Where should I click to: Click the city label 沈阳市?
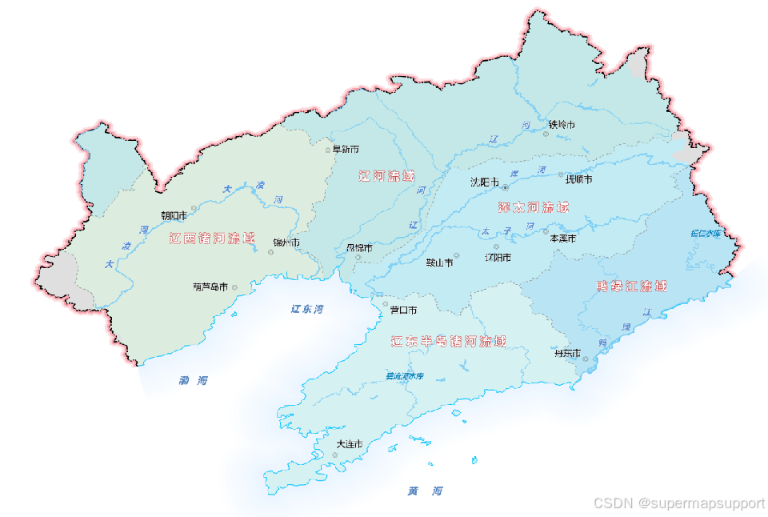click(x=485, y=182)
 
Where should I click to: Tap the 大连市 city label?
click(x=350, y=443)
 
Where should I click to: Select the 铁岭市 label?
click(x=562, y=125)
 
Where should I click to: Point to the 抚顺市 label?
click(x=578, y=180)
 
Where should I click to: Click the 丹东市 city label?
click(x=566, y=353)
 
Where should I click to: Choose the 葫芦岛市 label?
click(x=210, y=287)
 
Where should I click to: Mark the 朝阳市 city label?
click(x=174, y=214)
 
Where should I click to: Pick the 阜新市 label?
click(x=346, y=150)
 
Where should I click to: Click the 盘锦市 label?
click(x=358, y=248)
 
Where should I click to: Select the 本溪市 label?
click(x=562, y=238)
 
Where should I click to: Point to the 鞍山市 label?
click(x=439, y=262)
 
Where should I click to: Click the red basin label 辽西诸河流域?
click(x=212, y=238)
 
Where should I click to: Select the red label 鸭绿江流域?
click(x=632, y=286)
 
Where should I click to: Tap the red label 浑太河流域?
click(x=534, y=207)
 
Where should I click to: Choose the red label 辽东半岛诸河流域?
click(x=449, y=342)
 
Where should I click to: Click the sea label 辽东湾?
click(x=307, y=309)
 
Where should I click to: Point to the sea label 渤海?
click(x=193, y=381)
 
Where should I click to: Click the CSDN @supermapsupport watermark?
click(x=678, y=503)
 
